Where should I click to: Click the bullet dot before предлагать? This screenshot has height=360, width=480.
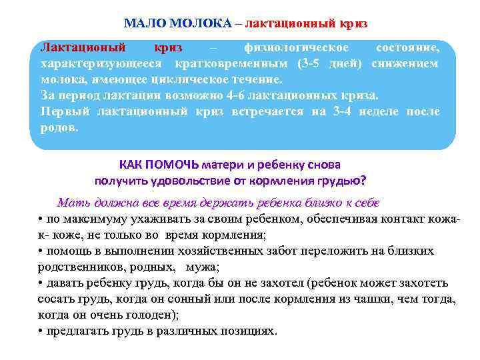41,331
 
